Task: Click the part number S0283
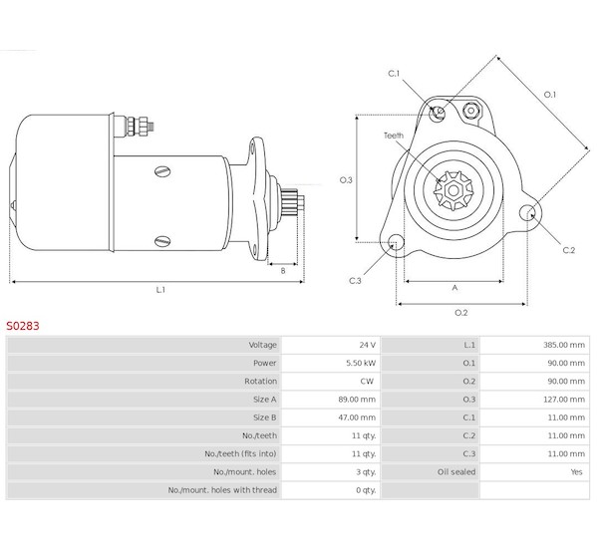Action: pos(23,326)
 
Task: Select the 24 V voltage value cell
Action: pos(367,345)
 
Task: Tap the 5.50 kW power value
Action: pos(361,363)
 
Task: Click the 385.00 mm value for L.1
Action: pos(564,345)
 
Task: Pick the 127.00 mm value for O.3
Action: pos(564,400)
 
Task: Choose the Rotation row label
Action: pos(260,381)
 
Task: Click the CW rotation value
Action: pos(367,381)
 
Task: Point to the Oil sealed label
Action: pos(456,471)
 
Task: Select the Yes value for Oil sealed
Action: pos(577,471)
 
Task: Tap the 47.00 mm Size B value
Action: pos(357,417)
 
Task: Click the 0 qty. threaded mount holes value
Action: pos(366,490)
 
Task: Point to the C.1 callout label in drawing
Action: pos(394,73)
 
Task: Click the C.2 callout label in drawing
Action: pos(569,250)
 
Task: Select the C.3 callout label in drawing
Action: pos(355,281)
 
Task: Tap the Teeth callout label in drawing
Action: pos(394,136)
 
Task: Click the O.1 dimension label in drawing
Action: pos(549,95)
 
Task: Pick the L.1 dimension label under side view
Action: pos(160,290)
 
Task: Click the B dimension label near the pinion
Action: pos(283,271)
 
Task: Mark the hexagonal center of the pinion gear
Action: pos(453,190)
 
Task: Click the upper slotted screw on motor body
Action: pos(162,171)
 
